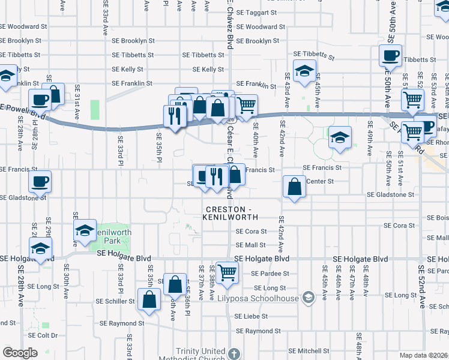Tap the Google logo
click(x=19, y=353)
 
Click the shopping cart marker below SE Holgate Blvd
click(x=228, y=272)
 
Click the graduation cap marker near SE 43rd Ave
click(x=305, y=70)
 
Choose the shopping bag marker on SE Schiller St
click(x=149, y=299)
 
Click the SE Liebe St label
click(x=251, y=316)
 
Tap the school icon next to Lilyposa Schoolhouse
click(x=308, y=298)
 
